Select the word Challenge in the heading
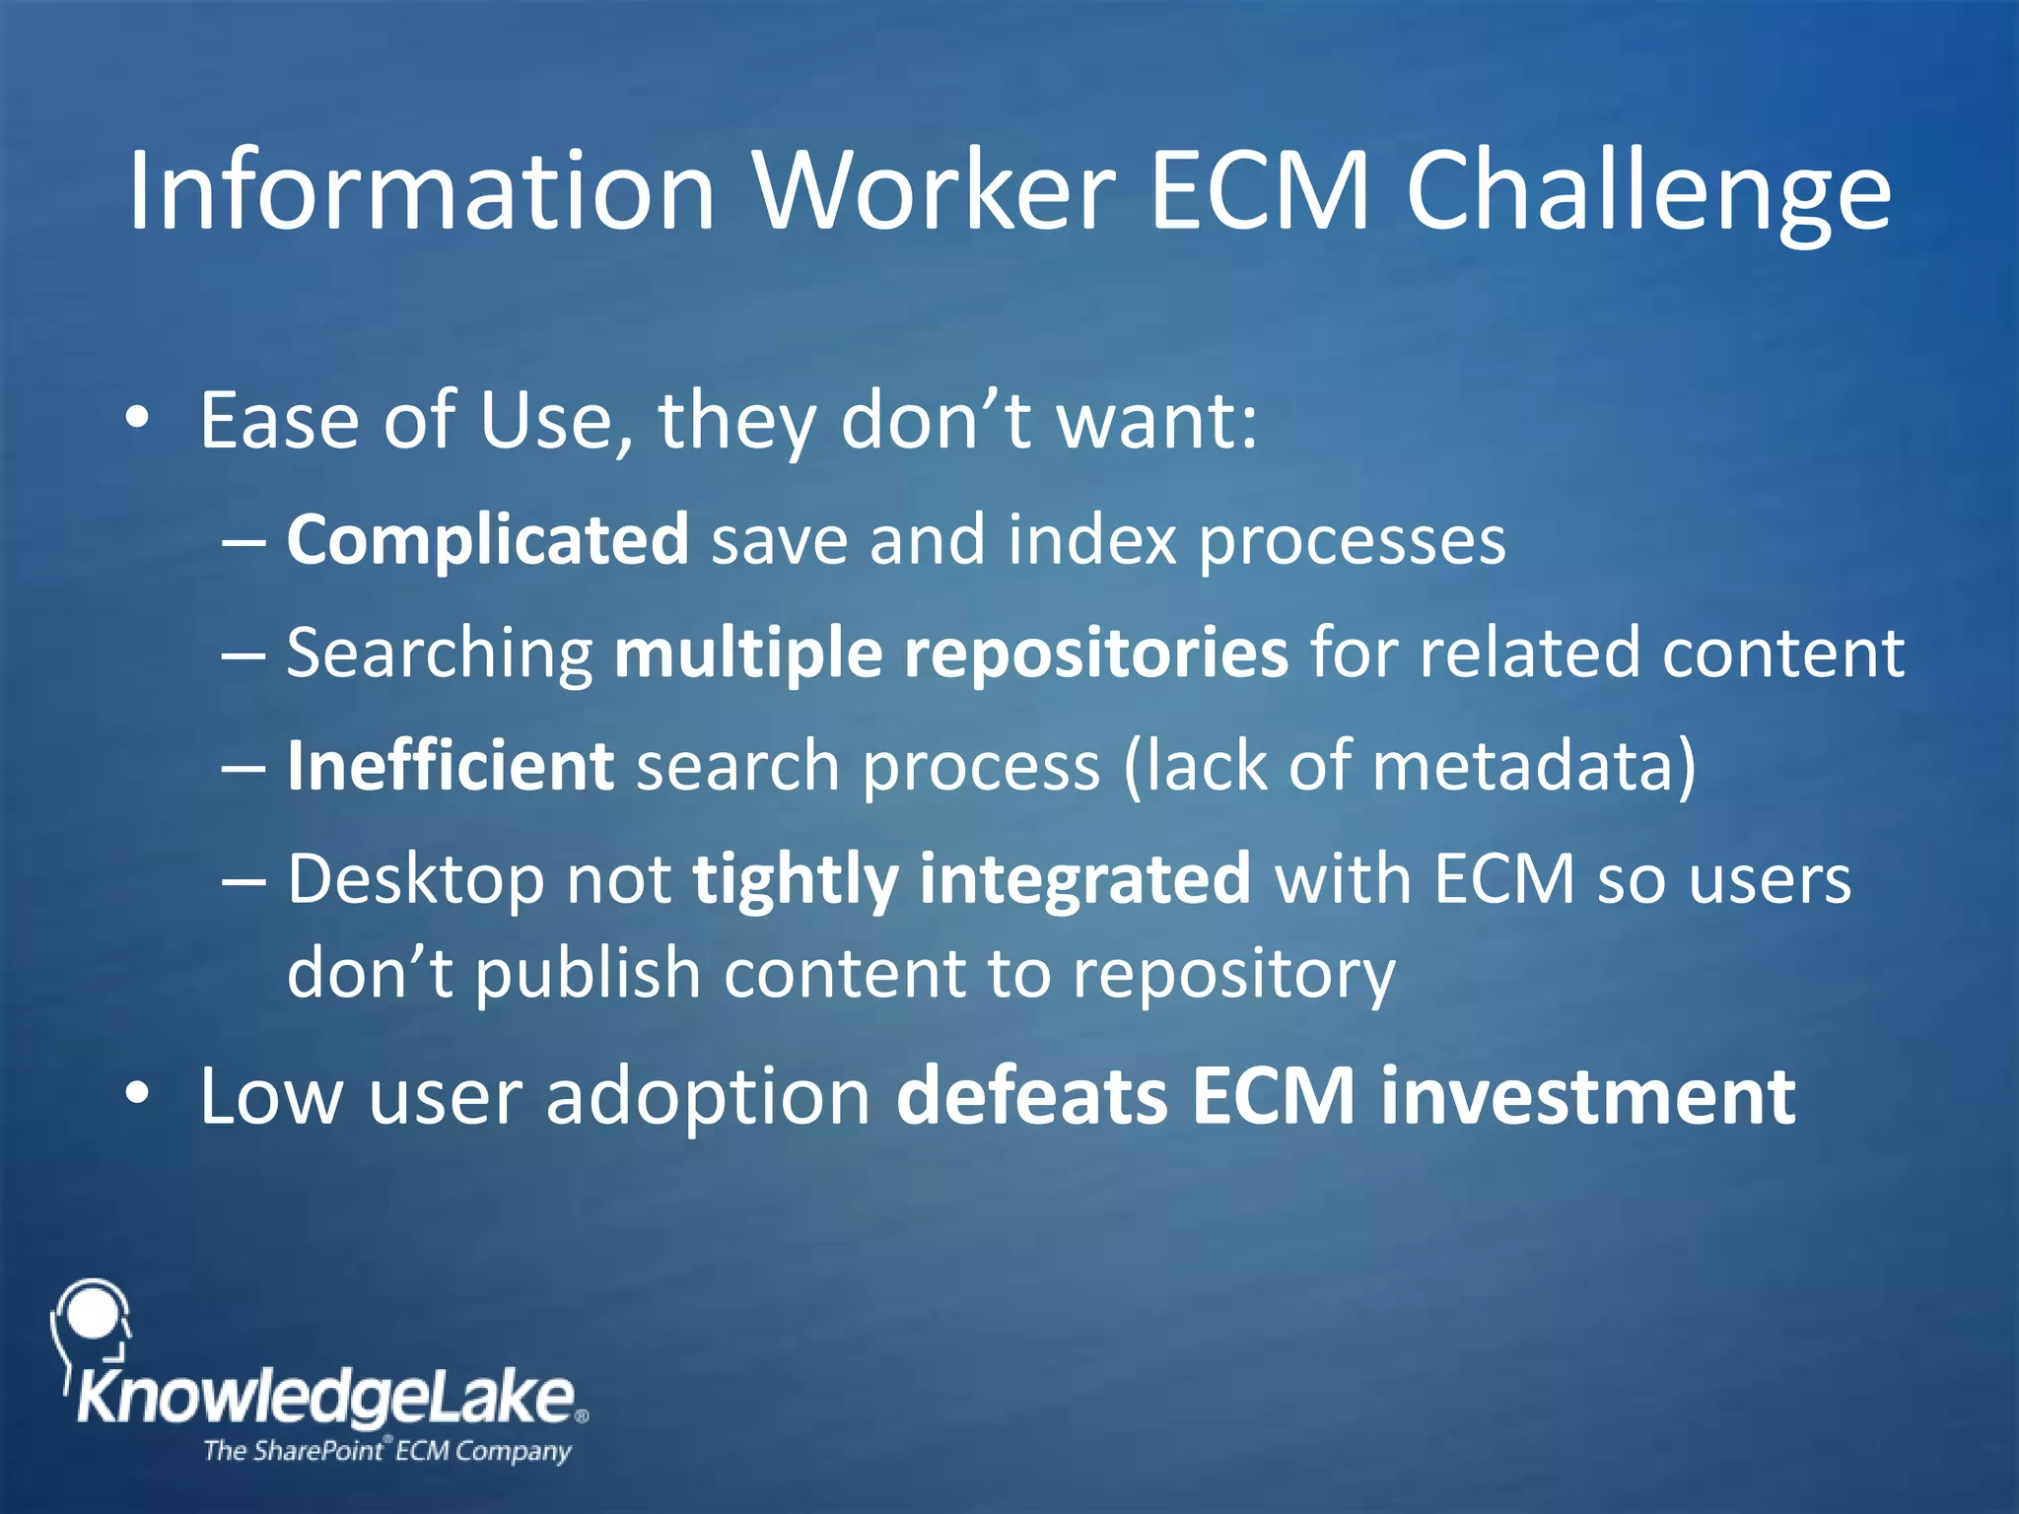[1648, 192]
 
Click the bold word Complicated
[487, 540]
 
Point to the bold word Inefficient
[451, 766]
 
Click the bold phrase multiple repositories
[950, 654]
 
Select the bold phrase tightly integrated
[971, 878]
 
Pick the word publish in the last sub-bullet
[588, 974]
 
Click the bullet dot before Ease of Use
[138, 419]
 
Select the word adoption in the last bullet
[708, 1096]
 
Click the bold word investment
[1587, 1096]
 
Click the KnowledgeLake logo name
[325, 1398]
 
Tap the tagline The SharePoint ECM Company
[386, 1451]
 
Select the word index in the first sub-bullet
[1091, 540]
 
